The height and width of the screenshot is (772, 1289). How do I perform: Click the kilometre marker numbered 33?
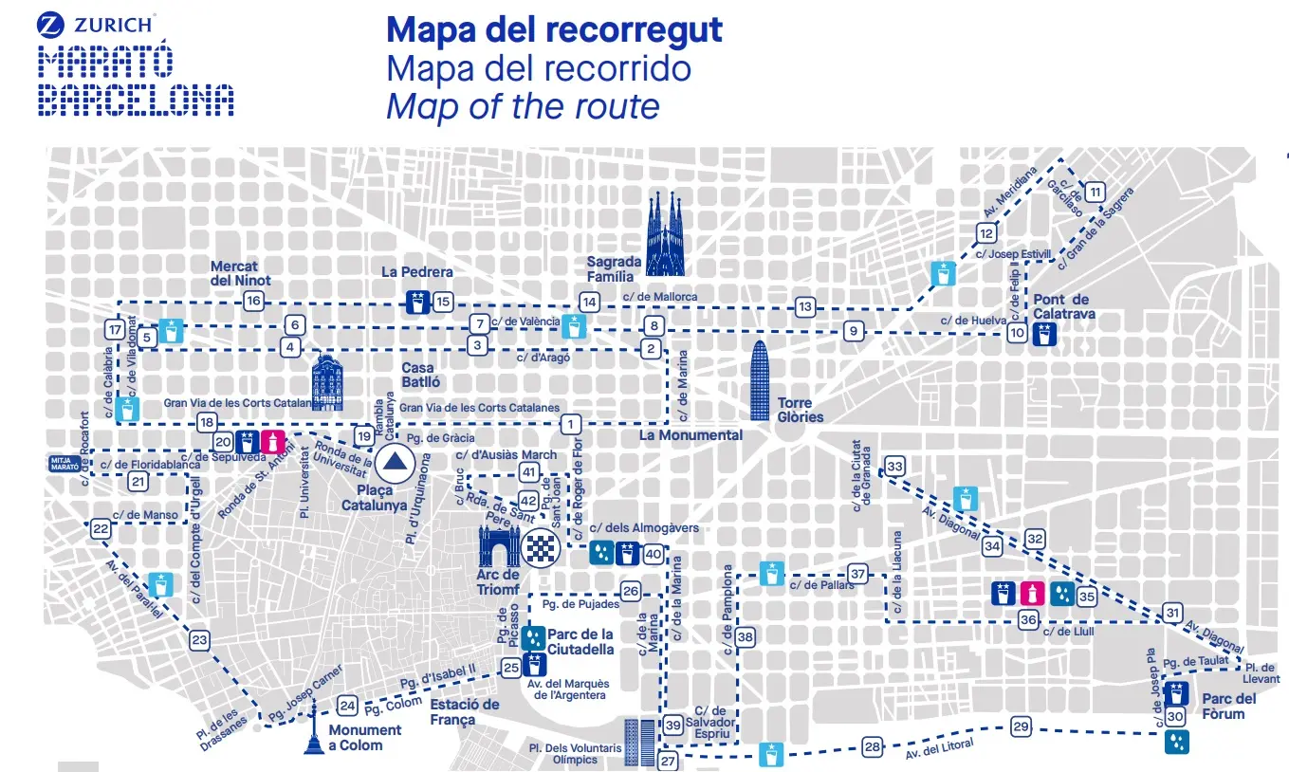(894, 466)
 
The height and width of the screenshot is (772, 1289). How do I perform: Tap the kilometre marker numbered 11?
(1096, 192)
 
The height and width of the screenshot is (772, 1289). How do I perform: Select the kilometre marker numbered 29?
(1021, 727)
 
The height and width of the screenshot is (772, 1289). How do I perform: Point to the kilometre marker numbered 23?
(199, 640)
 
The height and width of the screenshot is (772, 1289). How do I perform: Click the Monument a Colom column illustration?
(313, 732)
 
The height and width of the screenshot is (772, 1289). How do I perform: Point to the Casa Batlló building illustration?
(327, 383)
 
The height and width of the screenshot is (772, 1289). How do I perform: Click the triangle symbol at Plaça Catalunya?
(393, 465)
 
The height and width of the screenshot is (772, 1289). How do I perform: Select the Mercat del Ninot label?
(241, 273)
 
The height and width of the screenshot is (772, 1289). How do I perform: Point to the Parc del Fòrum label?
(1228, 707)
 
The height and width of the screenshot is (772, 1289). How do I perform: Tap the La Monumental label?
(691, 435)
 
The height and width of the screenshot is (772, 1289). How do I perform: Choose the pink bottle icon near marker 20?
(273, 441)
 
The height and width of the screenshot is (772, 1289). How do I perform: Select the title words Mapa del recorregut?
(555, 29)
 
